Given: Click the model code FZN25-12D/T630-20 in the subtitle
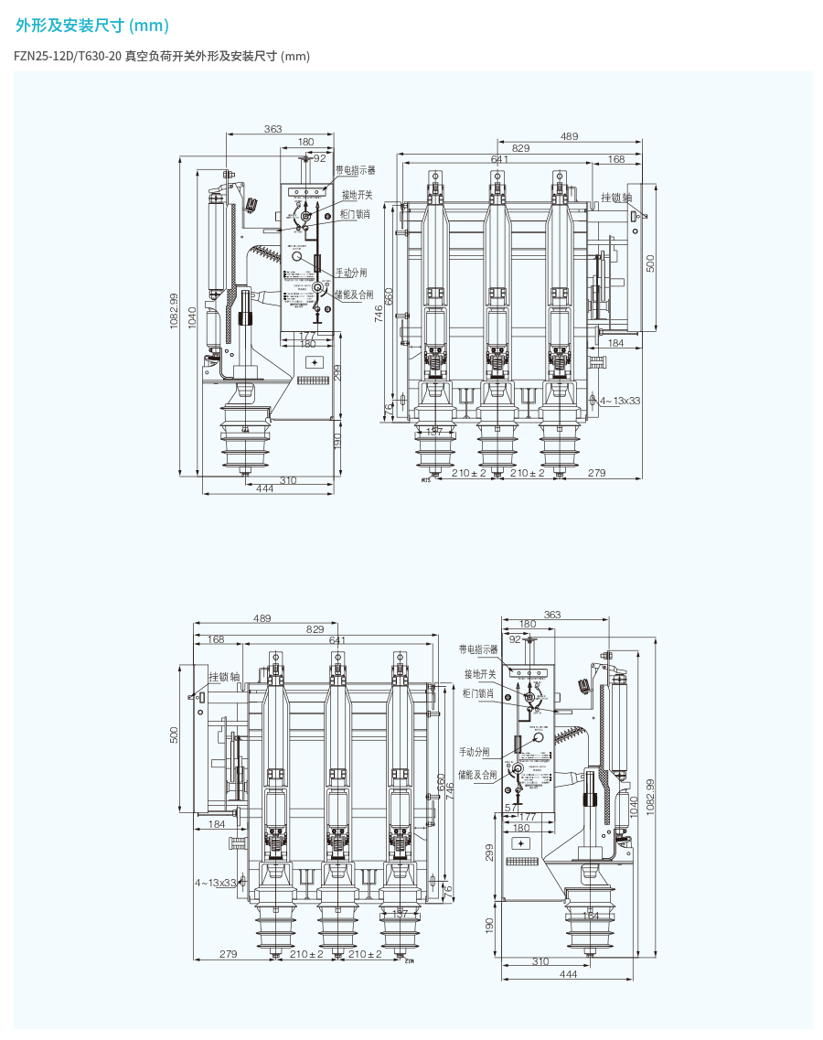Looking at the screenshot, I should tap(68, 57).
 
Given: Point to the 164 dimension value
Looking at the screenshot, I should tap(591, 915).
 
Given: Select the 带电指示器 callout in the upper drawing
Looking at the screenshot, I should tap(355, 170).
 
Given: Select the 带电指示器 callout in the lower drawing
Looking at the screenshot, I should tap(478, 649).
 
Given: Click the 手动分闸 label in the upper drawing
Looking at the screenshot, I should tap(350, 273).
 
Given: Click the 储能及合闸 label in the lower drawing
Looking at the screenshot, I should tap(477, 775).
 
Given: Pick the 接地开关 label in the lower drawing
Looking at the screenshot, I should tap(478, 674).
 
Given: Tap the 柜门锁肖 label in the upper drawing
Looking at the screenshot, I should tap(355, 214).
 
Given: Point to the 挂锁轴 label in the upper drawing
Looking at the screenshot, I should tap(616, 198).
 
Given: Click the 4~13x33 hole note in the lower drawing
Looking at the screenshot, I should tap(215, 883).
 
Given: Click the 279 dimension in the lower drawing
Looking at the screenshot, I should tap(229, 954).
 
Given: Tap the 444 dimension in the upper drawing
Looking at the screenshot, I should tap(265, 489).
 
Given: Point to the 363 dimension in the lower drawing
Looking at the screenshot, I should tap(551, 616).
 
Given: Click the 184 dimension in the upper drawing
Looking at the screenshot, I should tap(615, 343).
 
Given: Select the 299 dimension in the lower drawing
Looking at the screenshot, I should tap(489, 852).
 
